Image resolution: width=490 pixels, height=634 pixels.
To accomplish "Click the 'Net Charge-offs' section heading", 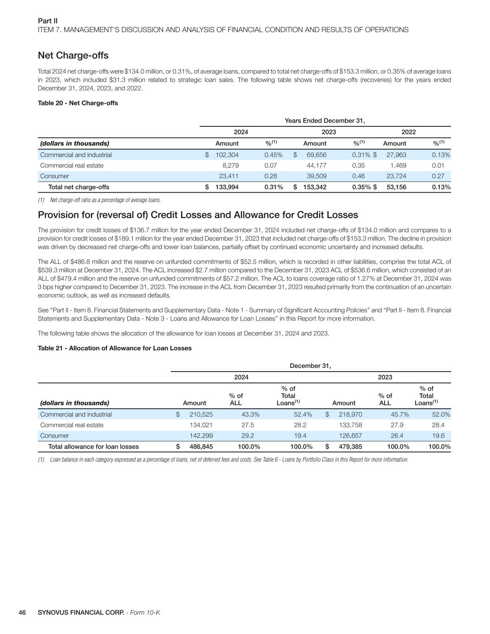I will tap(73, 56).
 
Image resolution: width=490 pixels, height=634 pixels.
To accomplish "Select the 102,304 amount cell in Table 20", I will tap(227, 155).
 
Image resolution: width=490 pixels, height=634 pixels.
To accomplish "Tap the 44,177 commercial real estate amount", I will tap(316, 165).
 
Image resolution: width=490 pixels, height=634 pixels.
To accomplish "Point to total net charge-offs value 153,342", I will tap(314, 187).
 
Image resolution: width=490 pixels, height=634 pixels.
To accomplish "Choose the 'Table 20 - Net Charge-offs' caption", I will tap(78, 103).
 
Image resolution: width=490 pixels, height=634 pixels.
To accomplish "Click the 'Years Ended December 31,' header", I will tap(324, 121).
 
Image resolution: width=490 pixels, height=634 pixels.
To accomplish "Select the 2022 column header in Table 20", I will tap(408, 132).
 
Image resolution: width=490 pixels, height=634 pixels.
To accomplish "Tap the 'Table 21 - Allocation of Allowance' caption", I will tap(114, 348).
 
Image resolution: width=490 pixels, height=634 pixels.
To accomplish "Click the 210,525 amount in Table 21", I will tap(201, 414).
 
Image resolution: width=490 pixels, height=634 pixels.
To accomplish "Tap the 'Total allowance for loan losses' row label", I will tap(93, 447).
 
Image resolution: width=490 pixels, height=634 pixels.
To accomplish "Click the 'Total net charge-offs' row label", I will tap(78, 187).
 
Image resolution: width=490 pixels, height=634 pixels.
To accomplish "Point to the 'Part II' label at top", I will tap(47, 21).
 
